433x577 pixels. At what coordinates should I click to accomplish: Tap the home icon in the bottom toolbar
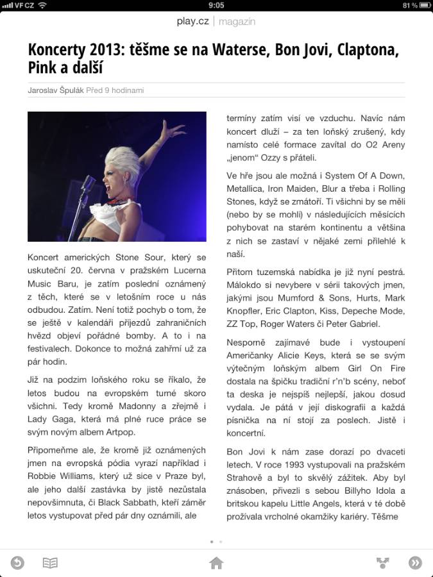pos(216,563)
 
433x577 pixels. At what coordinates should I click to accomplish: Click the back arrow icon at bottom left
pos(17,563)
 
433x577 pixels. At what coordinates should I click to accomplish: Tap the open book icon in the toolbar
pos(50,563)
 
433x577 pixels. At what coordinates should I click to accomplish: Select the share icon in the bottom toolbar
pos(383,563)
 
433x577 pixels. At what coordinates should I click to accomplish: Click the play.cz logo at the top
pos(192,21)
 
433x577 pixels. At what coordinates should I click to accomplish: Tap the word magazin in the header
pos(237,21)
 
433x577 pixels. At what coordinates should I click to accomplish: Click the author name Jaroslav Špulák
pos(56,90)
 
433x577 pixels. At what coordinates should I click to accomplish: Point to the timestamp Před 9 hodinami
pos(115,90)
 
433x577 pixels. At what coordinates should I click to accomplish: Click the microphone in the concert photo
pos(88,185)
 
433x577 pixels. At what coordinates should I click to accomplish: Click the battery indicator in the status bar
pos(424,5)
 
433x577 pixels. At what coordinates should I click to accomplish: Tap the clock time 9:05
pos(216,5)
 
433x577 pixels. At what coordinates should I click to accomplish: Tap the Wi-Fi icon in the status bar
pos(42,5)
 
